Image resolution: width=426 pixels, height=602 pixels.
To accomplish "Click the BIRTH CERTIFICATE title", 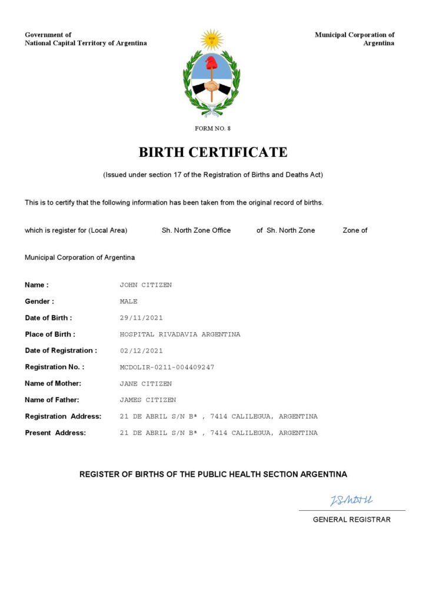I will point(213,152).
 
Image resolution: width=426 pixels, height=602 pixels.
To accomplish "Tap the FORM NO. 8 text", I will point(213,128).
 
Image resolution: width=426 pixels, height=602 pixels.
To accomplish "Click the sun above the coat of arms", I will point(212,39).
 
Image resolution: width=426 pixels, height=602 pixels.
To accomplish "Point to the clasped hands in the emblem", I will point(212,86).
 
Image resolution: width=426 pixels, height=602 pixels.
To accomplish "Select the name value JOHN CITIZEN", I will point(146,285).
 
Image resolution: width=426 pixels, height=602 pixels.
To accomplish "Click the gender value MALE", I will point(128,302).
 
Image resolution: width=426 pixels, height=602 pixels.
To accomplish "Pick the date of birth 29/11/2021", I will point(141,318).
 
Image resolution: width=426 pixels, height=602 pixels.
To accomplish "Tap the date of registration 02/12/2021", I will point(141,351).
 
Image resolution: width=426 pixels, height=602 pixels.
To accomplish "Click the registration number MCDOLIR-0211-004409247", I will point(167,367).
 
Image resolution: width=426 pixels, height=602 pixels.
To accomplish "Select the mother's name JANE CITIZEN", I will point(146,384).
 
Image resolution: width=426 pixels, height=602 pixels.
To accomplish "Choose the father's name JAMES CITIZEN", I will point(148,400).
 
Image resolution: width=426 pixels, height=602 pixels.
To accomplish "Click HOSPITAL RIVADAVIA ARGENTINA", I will point(180,335).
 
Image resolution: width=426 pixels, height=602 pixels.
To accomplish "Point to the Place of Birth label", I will point(50,335).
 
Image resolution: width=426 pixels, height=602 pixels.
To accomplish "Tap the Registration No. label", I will point(55,367).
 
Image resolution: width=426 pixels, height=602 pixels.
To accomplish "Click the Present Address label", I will point(55,433).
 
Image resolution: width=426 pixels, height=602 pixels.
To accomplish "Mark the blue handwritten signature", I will point(351,500).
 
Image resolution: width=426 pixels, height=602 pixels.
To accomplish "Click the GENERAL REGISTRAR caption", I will point(351,520).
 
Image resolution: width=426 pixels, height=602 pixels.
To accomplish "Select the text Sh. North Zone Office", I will point(196,230).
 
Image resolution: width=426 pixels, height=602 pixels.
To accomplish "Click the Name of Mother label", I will point(53,384).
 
